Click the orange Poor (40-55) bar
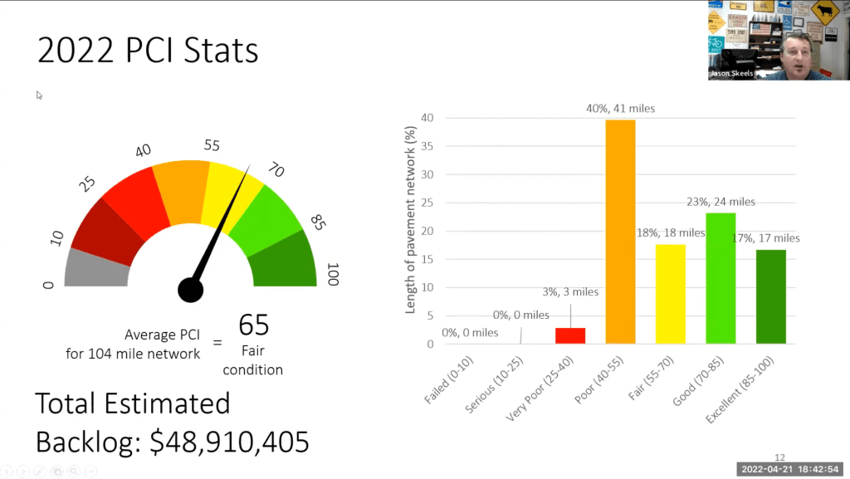[620, 232]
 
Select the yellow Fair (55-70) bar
[671, 294]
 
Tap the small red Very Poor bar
[570, 335]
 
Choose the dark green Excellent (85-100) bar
[771, 296]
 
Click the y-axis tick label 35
[427, 146]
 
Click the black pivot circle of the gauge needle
[190, 290]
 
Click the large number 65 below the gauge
[254, 325]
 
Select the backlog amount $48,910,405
[229, 442]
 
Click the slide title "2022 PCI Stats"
[148, 51]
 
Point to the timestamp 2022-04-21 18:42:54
[792, 469]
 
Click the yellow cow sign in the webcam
[824, 12]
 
